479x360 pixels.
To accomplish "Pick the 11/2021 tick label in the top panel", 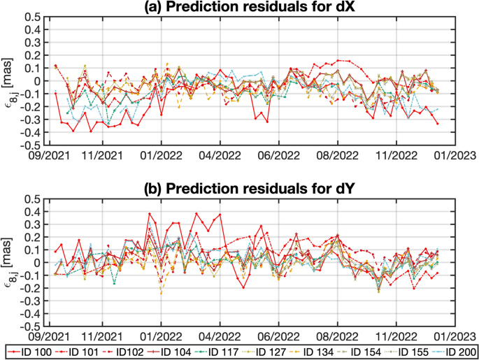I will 103,157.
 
